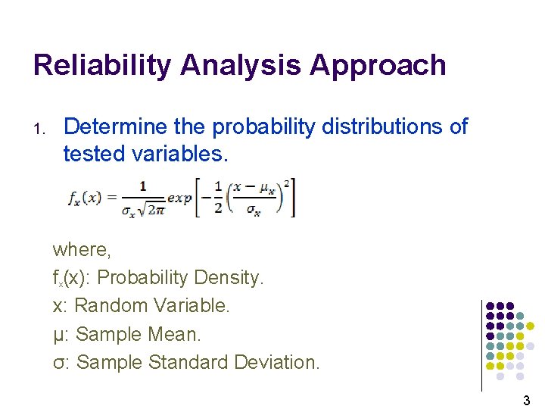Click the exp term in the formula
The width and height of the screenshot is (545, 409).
click(179, 198)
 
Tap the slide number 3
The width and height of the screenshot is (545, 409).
click(526, 400)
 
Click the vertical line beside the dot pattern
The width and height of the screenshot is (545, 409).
click(481, 345)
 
